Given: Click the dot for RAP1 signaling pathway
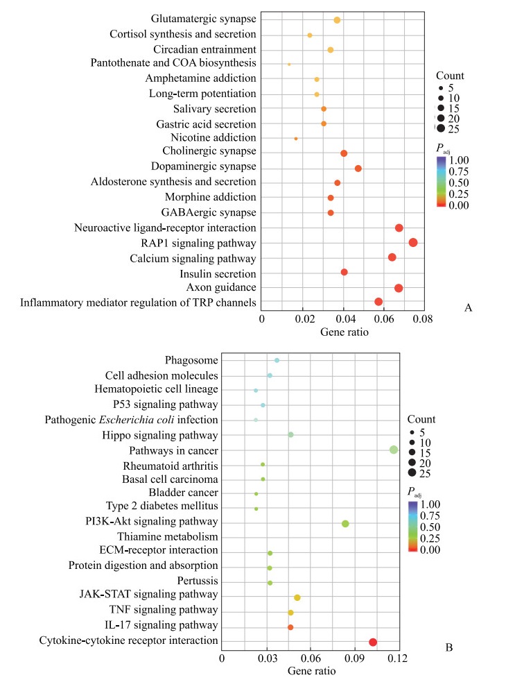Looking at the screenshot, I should coord(413,242).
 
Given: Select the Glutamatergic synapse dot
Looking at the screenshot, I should coord(337,20).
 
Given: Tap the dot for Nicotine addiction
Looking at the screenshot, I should coord(296,139).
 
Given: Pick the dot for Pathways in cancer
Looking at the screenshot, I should coord(394,450).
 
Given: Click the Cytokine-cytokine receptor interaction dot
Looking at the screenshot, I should coord(373,642).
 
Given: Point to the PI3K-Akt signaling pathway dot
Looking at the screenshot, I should coord(345,524).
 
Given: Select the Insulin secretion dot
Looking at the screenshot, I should coord(344,272).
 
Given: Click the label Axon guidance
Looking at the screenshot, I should coord(222,288).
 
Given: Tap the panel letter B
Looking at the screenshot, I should coord(448,648).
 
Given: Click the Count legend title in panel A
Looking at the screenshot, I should coord(450,76).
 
